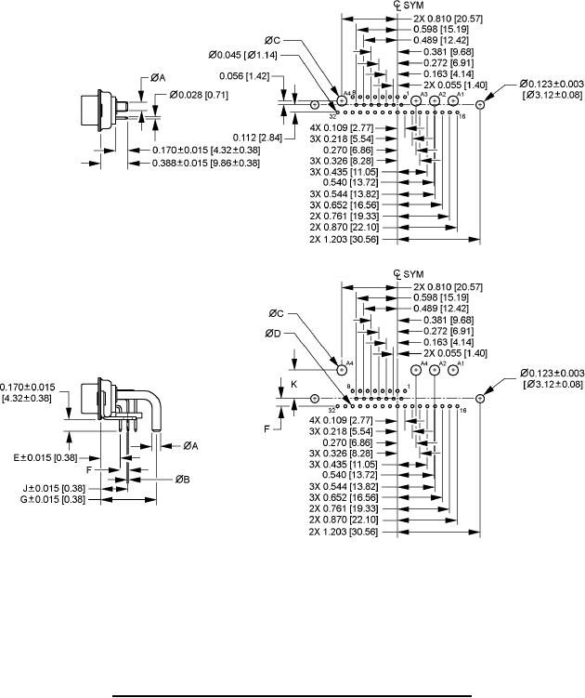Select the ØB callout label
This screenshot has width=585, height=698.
tap(183, 478)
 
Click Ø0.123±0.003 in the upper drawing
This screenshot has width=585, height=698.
tap(552, 83)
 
